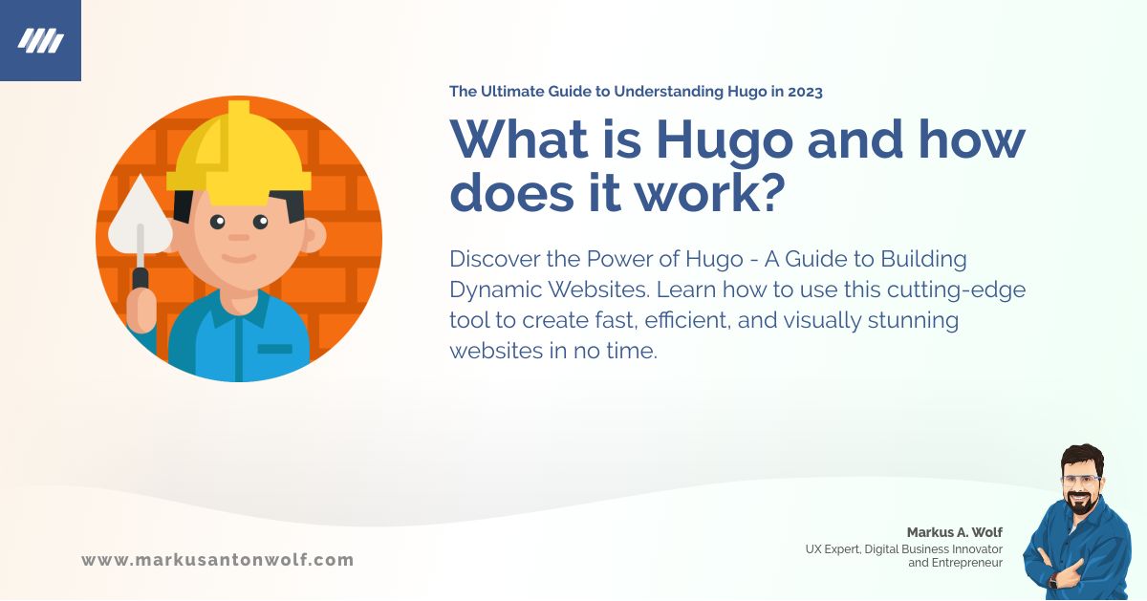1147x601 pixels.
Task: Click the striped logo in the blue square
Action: tap(40, 40)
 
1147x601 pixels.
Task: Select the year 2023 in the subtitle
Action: tap(802, 92)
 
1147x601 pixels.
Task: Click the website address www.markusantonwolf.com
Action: tap(218, 560)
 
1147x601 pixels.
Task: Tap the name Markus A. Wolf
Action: tap(954, 531)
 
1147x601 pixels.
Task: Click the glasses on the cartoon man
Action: tap(1082, 478)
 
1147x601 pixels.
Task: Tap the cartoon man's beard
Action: tap(1082, 503)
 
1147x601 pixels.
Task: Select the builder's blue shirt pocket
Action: tap(275, 349)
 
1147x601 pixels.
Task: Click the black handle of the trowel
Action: tap(141, 278)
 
